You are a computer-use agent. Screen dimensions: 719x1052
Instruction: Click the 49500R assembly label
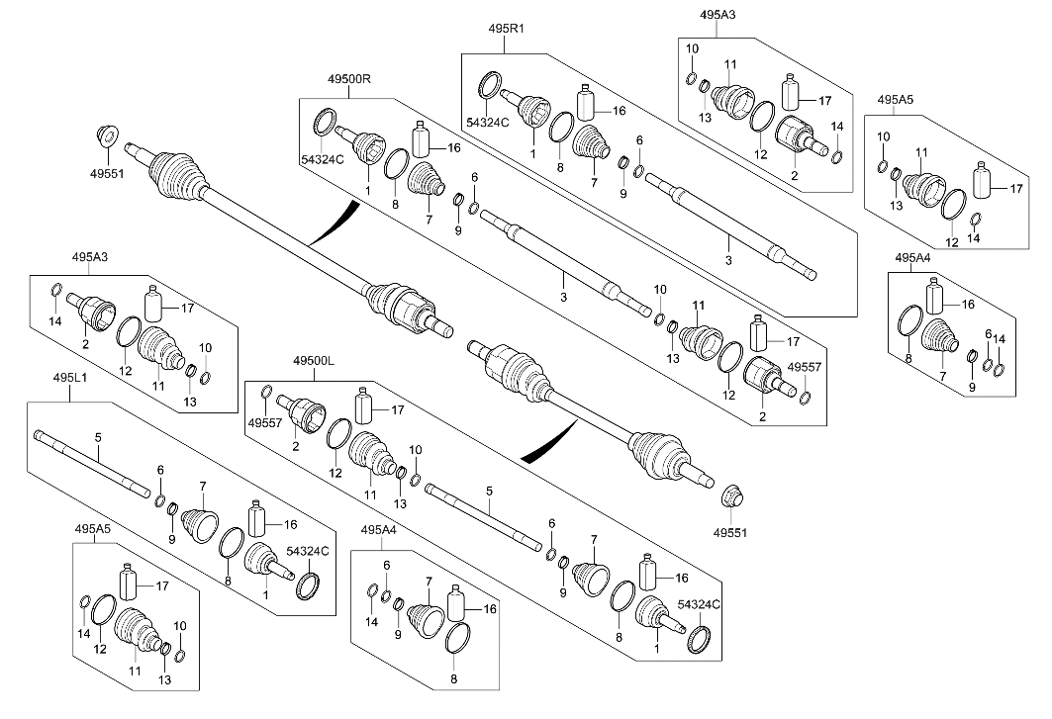[x=347, y=79]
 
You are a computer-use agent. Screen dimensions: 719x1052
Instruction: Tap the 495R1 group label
[x=506, y=30]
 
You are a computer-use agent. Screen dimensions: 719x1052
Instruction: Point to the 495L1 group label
[x=71, y=378]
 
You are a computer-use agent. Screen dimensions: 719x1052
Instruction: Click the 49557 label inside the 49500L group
[x=262, y=422]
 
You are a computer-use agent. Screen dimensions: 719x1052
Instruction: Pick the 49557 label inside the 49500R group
[x=804, y=367]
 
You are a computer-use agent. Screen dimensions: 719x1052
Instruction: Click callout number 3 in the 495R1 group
[x=728, y=261]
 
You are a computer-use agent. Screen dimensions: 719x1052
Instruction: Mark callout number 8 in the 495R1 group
[x=559, y=169]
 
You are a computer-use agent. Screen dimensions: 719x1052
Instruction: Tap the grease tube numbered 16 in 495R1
[x=585, y=103]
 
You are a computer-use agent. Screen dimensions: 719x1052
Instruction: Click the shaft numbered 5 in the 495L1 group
[x=89, y=460]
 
